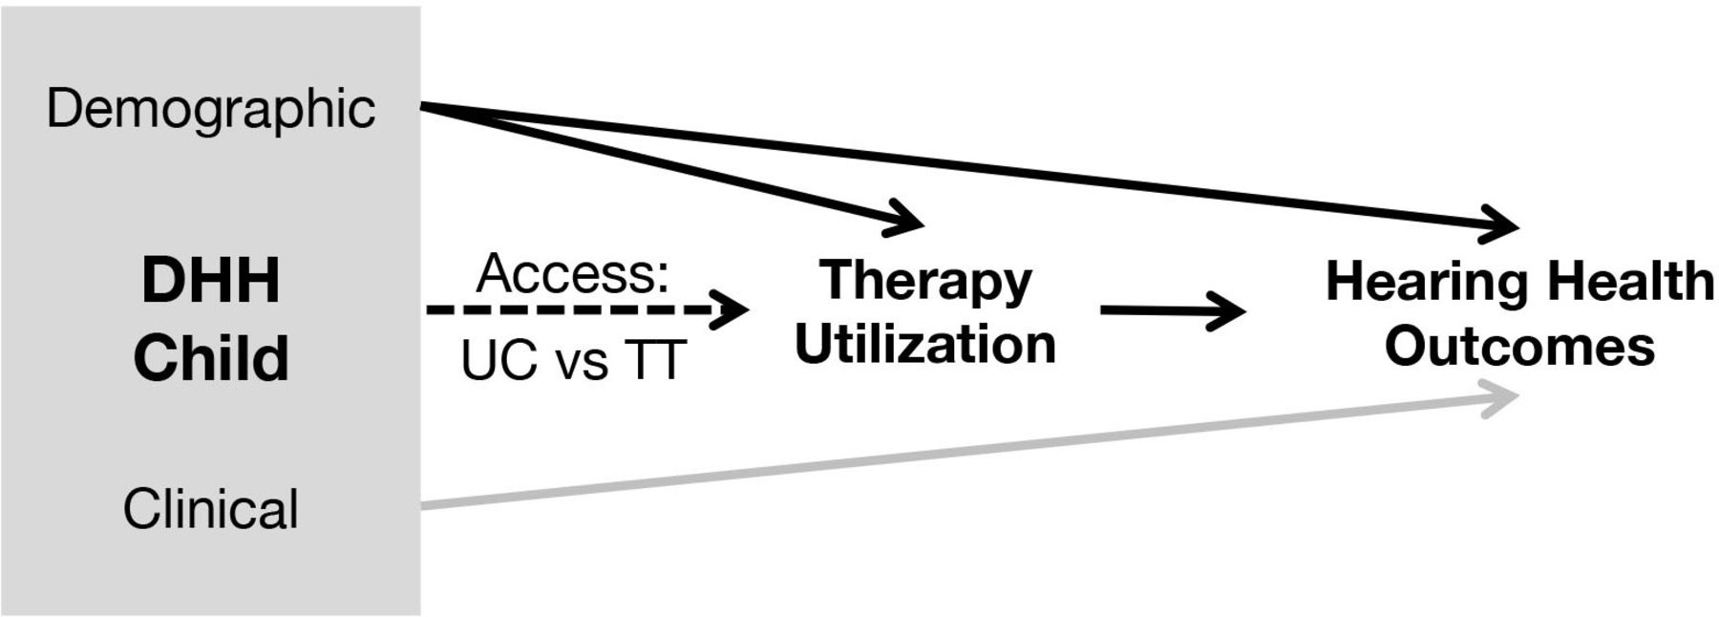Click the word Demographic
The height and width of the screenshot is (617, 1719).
pyautogui.click(x=211, y=109)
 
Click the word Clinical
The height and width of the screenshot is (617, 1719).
pyautogui.click(x=211, y=508)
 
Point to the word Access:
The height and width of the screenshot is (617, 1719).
pyautogui.click(x=573, y=274)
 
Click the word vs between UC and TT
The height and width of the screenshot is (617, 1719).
pyautogui.click(x=581, y=366)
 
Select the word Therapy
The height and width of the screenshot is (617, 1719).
pyautogui.click(x=925, y=282)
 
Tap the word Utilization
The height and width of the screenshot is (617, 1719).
pyautogui.click(x=925, y=344)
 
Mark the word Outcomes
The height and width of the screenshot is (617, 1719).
pyautogui.click(x=1520, y=346)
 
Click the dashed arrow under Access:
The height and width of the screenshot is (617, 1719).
pyautogui.click(x=587, y=309)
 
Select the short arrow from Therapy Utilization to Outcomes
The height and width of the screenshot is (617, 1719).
pyautogui.click(x=1173, y=310)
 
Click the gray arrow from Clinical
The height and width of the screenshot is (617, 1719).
pyautogui.click(x=970, y=451)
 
